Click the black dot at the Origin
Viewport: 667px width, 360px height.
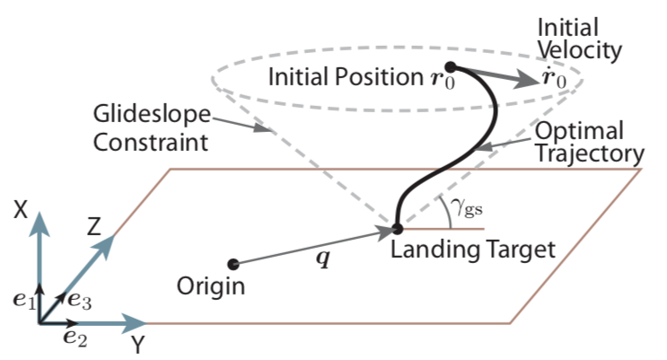pyautogui.click(x=233, y=263)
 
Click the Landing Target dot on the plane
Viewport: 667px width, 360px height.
pyautogui.click(x=397, y=229)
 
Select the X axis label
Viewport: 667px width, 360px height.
pyautogui.click(x=23, y=209)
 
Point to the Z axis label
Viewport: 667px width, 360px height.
pyautogui.click(x=96, y=228)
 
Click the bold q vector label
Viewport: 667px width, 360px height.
pyautogui.click(x=321, y=260)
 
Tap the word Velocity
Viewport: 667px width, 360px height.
pyautogui.click(x=589, y=51)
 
